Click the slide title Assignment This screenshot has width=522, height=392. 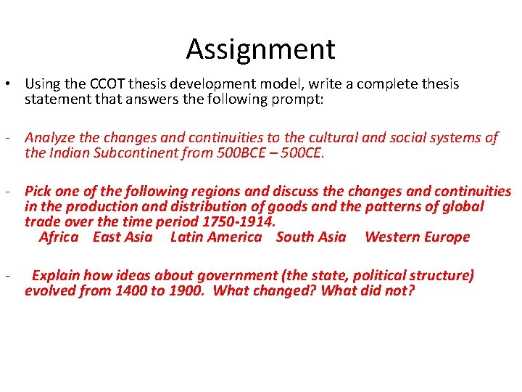click(x=260, y=49)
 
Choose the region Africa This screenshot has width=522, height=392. click(x=59, y=237)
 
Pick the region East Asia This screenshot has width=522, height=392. click(x=123, y=237)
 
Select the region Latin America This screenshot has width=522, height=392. click(x=215, y=237)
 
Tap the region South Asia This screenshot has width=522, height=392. click(x=311, y=237)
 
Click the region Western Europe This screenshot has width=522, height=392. click(x=417, y=237)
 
